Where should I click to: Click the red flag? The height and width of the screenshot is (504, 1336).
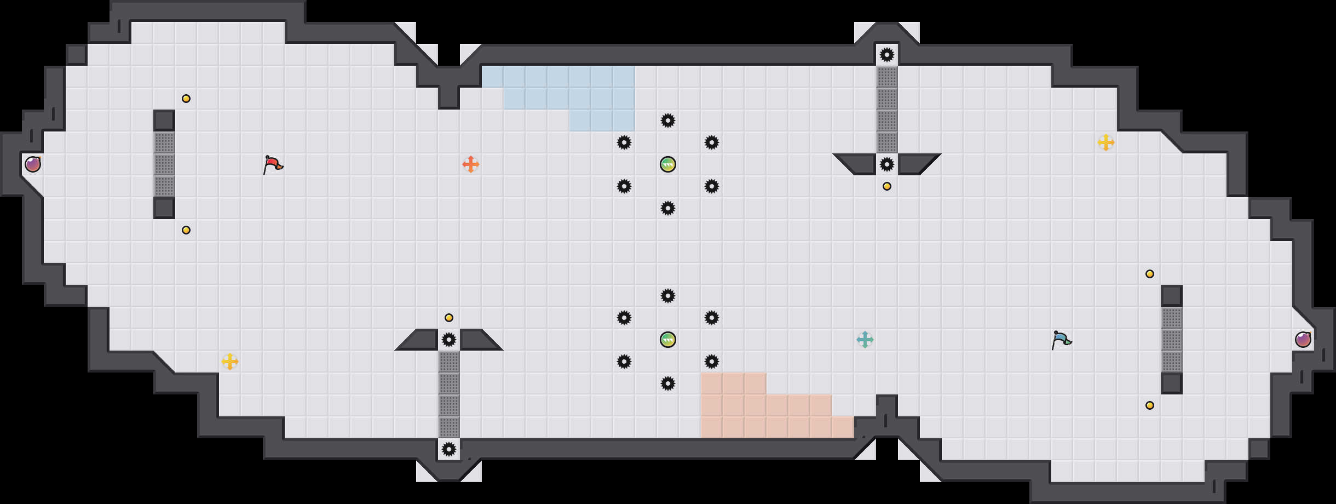[x=273, y=164]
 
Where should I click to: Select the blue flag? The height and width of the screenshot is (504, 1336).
[x=1061, y=339]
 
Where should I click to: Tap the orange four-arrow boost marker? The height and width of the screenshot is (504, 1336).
[x=471, y=164]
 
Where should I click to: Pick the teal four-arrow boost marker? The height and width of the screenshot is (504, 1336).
[x=865, y=340]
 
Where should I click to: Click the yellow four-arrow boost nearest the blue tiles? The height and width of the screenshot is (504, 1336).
[x=1106, y=142]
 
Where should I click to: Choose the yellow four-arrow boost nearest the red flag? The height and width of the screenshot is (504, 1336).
[x=230, y=362]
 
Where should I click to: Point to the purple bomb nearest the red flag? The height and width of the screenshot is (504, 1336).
[x=33, y=164]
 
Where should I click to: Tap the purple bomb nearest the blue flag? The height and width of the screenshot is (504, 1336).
[x=1303, y=340]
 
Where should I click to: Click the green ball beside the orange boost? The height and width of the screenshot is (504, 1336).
[x=668, y=164]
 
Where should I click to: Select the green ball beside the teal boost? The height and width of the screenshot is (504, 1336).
[x=668, y=340]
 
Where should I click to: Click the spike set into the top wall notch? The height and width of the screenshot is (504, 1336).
[x=887, y=55]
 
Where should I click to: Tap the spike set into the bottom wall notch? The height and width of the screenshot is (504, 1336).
[x=449, y=449]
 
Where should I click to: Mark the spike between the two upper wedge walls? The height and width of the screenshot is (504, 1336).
[x=887, y=164]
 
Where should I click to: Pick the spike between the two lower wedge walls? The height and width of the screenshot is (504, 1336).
[x=449, y=340]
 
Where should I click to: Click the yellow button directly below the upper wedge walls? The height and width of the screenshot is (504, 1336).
[x=887, y=186]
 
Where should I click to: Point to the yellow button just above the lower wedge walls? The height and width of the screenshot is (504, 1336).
[x=449, y=318]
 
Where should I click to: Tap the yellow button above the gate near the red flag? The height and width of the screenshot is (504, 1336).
[x=186, y=99]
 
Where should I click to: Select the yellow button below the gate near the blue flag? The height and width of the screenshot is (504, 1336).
[x=1150, y=405]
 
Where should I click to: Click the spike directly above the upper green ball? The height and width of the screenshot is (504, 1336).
[x=668, y=121]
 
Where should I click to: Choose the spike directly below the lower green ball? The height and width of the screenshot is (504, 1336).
[x=668, y=383]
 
